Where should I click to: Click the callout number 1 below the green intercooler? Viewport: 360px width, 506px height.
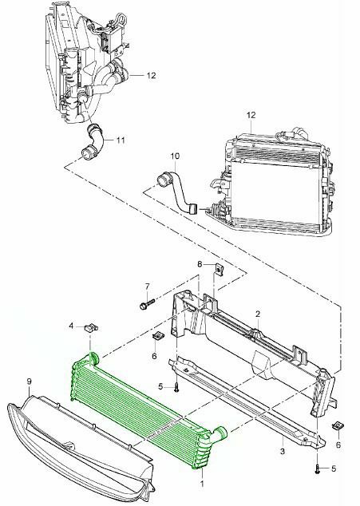tap(202, 484)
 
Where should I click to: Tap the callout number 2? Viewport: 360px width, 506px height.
tap(258, 314)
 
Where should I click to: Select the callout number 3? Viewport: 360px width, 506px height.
tap(283, 451)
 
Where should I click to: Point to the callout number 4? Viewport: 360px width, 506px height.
tap(71, 326)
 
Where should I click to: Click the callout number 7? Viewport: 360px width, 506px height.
tap(147, 287)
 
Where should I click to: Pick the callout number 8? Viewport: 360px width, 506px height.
tap(200, 264)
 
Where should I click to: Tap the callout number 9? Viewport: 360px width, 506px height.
tap(29, 381)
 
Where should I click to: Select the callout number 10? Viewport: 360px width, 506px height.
tap(175, 156)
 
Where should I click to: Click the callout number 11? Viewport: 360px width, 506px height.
tap(121, 140)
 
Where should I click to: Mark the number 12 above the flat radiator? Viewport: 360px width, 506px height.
tap(251, 115)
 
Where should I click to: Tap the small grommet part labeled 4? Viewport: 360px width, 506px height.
tap(91, 327)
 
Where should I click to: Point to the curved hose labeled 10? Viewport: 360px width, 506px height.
tap(177, 193)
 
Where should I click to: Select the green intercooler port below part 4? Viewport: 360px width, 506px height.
tap(93, 359)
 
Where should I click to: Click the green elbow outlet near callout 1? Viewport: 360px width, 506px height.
tap(220, 434)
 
